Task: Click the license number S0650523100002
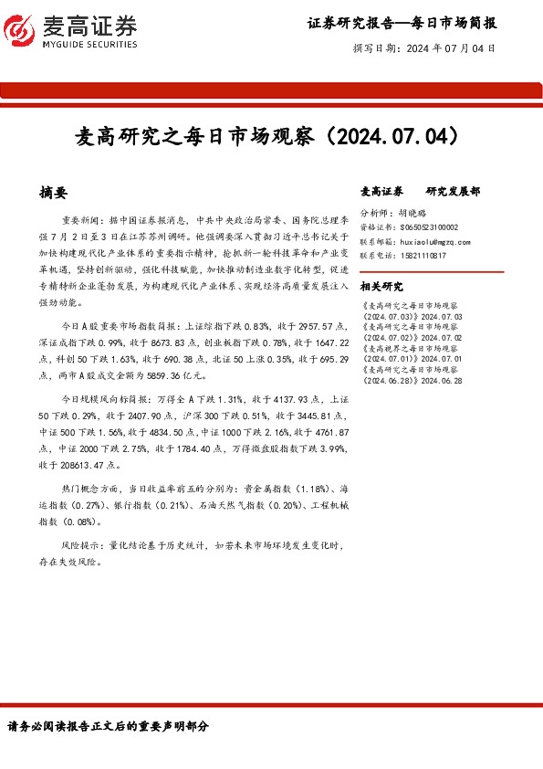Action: point(425,227)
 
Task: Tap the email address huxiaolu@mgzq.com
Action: point(435,242)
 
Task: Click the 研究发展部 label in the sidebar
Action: point(453,192)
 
